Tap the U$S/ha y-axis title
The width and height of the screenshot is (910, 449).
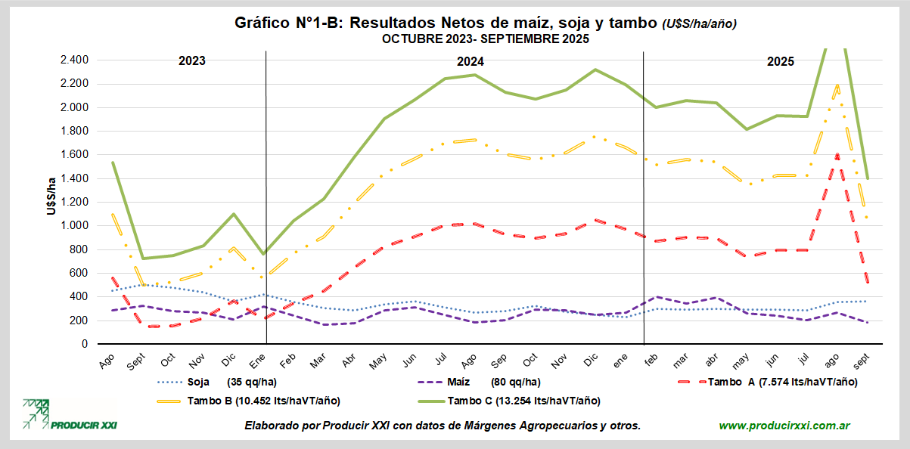coord(51,196)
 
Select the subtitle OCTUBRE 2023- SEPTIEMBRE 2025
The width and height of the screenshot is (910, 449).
coord(485,39)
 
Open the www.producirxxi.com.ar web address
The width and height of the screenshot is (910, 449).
coord(784,426)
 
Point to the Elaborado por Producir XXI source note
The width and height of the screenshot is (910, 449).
coord(443,426)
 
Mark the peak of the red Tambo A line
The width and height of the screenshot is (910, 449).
coord(837,154)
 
